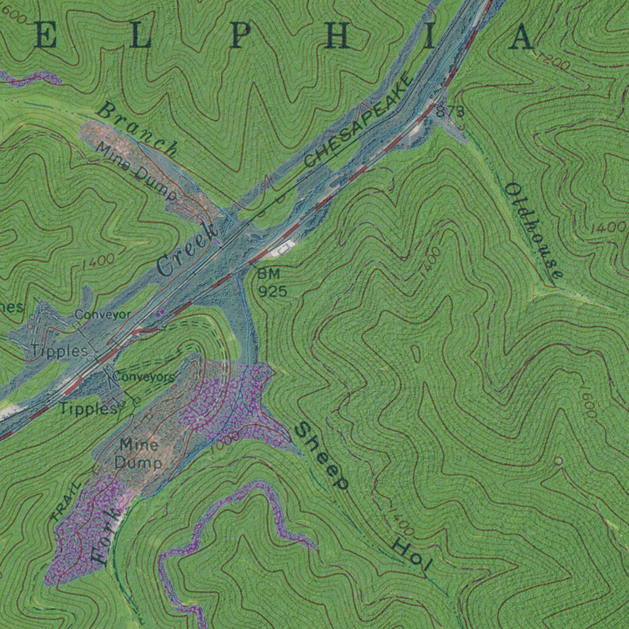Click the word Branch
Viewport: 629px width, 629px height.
coord(138,130)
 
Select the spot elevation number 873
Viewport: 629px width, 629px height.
coord(450,111)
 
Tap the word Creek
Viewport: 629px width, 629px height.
coord(187,249)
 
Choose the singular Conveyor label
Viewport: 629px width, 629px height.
coord(103,314)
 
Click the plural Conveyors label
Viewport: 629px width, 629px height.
coord(144,377)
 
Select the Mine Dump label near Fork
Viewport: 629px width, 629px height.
coord(139,453)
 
